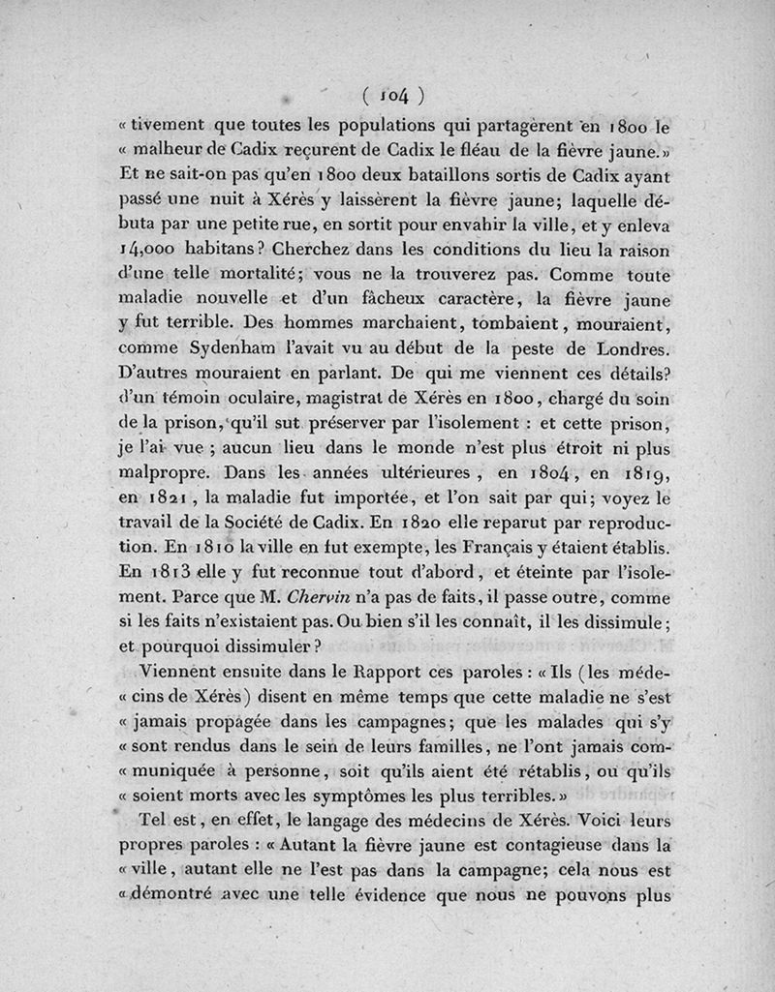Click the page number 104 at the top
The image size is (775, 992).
pos(391,95)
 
